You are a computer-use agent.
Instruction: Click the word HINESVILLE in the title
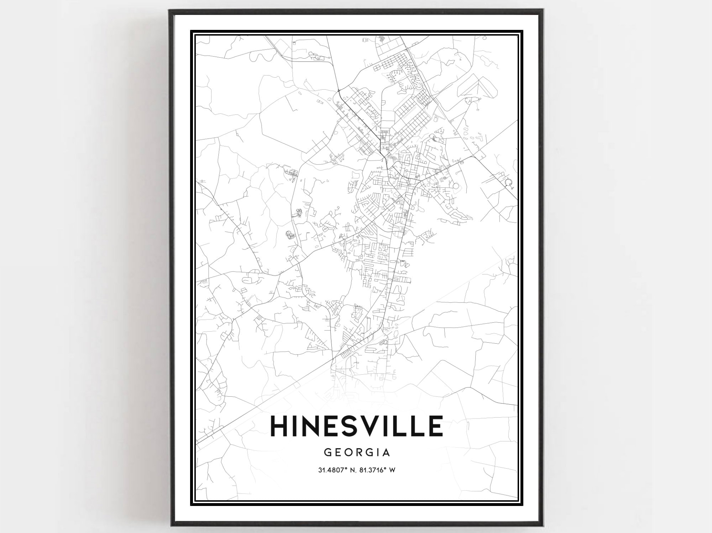pos(357,426)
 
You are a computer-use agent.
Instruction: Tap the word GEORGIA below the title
pos(357,452)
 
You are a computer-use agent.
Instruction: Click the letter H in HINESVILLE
pos(282,426)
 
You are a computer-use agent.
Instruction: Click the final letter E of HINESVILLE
pos(436,426)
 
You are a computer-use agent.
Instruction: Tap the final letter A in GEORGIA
pos(387,452)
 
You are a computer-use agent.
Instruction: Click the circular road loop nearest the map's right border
pos(509,183)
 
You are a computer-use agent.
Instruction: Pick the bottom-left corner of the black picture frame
pos(170,526)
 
